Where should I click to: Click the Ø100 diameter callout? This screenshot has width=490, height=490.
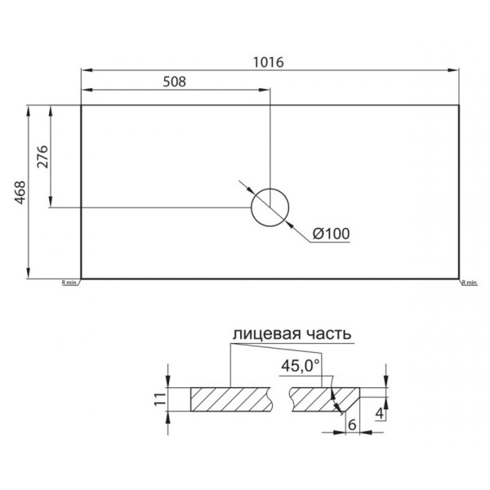point(331,234)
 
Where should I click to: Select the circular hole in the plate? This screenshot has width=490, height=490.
point(270,207)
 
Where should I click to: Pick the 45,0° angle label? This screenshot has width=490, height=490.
point(300,366)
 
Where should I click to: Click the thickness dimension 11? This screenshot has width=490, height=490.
point(160,399)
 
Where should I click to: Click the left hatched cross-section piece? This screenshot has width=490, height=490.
point(231,399)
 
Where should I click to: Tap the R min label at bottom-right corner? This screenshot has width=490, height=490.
point(469,283)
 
